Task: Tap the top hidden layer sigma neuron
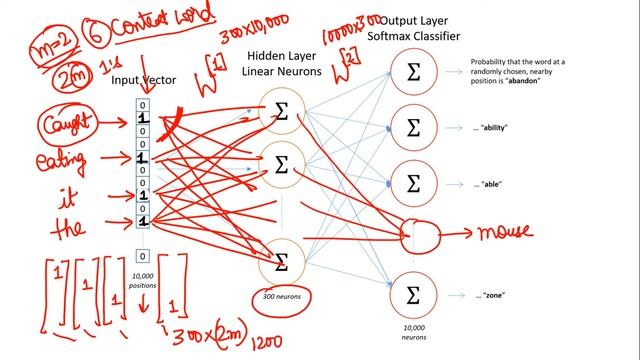[x=281, y=113]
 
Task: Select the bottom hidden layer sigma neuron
[x=281, y=263]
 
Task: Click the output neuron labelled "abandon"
[x=413, y=71]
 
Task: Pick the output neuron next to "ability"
[x=413, y=127]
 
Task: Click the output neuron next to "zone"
[x=413, y=296]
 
